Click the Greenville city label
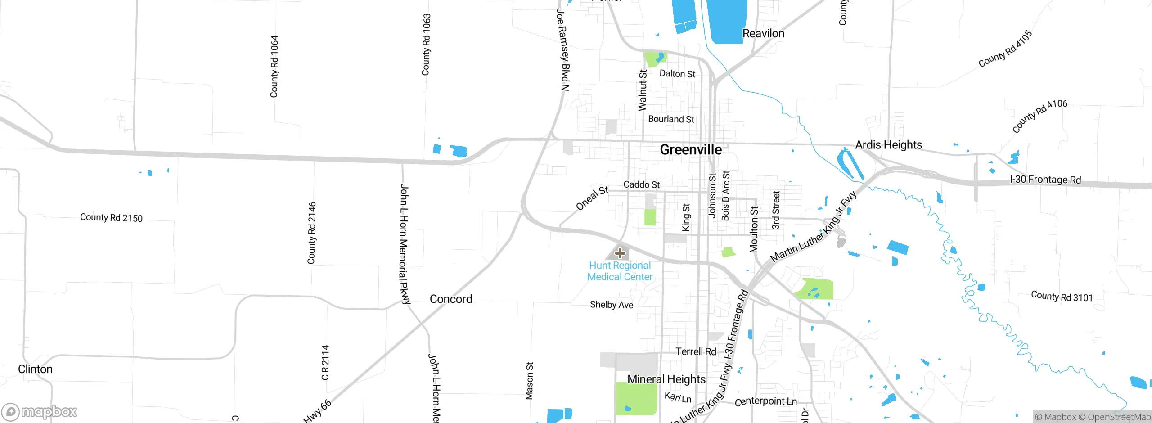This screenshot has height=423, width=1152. (x=691, y=150)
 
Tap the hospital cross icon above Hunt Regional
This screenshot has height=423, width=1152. (x=620, y=253)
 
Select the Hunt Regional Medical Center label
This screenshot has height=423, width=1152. (x=620, y=271)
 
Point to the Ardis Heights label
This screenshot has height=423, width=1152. (x=888, y=145)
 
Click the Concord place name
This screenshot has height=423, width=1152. (x=451, y=299)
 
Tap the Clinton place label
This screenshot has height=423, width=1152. (x=35, y=369)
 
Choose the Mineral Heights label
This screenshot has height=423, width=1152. (x=666, y=379)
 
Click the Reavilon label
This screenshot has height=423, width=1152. (x=763, y=34)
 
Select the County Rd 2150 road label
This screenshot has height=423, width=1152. (x=111, y=218)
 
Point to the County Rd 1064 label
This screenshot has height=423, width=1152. (x=274, y=67)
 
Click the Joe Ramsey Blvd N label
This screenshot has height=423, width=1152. (x=563, y=49)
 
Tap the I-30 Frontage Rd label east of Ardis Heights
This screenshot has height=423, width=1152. (x=1045, y=180)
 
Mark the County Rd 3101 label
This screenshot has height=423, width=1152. (x=1062, y=297)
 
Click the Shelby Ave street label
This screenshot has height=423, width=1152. (x=612, y=305)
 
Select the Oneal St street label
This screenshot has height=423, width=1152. (x=592, y=198)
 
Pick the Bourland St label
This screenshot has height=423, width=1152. (x=671, y=119)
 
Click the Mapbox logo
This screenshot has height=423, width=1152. (x=40, y=412)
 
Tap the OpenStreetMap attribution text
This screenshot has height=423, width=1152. (x=1118, y=417)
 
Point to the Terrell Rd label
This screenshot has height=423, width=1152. (x=696, y=351)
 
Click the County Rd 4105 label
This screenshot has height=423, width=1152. (x=1005, y=49)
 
